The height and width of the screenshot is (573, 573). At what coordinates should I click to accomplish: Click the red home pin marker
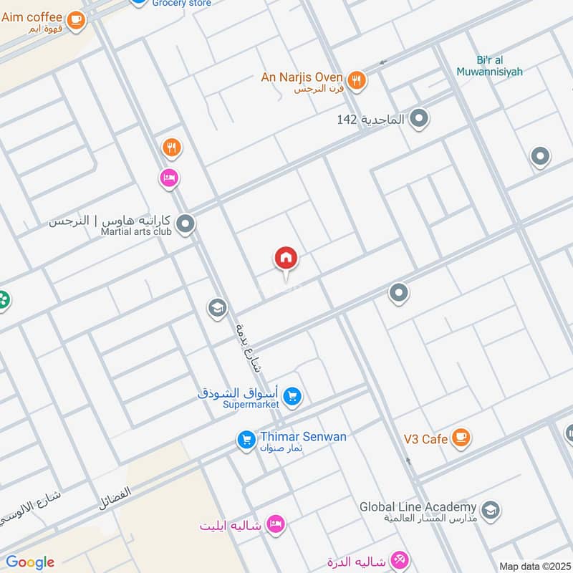click(286, 259)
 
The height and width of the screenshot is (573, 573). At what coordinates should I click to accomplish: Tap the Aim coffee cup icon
click(76, 21)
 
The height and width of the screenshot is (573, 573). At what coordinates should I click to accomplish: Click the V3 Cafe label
click(425, 439)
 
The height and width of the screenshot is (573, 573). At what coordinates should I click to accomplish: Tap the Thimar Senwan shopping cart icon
click(246, 440)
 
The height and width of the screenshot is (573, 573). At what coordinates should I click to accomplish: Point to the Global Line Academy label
click(418, 507)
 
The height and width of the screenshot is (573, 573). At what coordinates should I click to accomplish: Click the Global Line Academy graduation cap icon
click(491, 510)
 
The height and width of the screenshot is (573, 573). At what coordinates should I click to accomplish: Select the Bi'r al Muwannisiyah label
click(489, 66)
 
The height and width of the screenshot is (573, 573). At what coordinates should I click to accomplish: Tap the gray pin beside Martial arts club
click(186, 225)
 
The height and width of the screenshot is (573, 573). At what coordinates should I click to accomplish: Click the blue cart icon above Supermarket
click(292, 395)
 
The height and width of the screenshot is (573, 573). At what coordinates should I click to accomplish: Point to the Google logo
click(30, 562)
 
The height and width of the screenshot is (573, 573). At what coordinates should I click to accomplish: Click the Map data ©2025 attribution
click(534, 567)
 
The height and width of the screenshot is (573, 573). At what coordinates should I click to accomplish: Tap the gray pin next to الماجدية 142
click(419, 118)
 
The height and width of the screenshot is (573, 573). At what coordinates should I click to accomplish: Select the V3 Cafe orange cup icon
click(460, 437)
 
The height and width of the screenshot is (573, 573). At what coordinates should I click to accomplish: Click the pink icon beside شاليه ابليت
click(274, 525)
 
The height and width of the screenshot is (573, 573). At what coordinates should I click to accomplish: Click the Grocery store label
click(182, 4)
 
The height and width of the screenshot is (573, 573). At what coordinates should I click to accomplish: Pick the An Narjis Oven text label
click(301, 77)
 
